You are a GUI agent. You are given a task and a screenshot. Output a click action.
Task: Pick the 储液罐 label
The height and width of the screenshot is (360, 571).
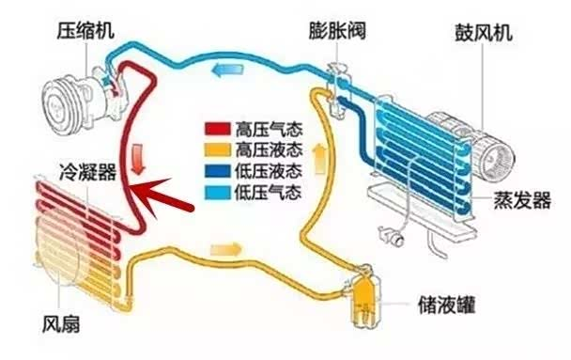439,306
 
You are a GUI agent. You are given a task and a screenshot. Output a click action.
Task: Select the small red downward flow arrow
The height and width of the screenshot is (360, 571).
140,154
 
